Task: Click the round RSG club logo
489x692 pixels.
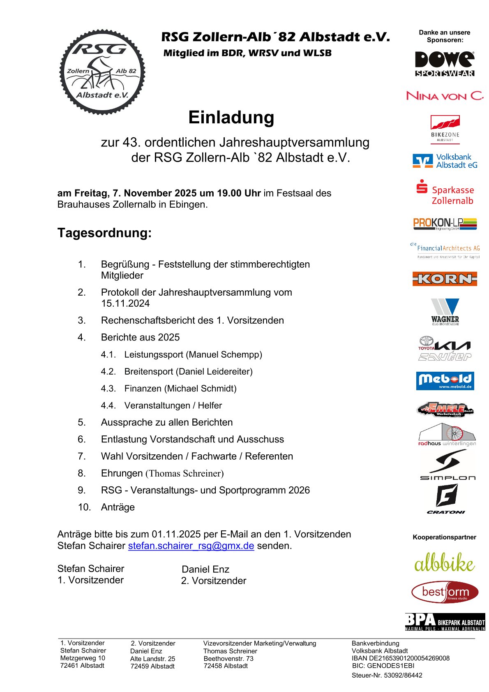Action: pyautogui.click(x=102, y=72)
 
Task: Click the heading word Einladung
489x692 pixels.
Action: pyautogui.click(x=231, y=118)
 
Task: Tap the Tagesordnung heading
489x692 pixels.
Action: pyautogui.click(x=104, y=233)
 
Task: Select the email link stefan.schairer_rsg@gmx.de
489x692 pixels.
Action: pyautogui.click(x=191, y=546)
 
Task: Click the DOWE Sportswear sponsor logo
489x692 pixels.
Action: pyautogui.click(x=445, y=64)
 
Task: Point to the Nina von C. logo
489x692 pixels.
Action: pyautogui.click(x=445, y=96)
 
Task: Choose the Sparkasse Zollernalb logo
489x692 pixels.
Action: pyautogui.click(x=445, y=193)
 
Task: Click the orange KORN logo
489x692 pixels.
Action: pyautogui.click(x=445, y=279)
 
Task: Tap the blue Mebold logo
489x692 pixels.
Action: pyautogui.click(x=445, y=381)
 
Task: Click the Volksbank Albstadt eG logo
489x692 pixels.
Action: pyautogui.click(x=445, y=161)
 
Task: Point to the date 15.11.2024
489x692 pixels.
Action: pyautogui.click(x=125, y=303)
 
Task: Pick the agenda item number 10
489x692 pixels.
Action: pyautogui.click(x=84, y=507)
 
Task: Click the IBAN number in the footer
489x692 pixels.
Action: pyautogui.click(x=401, y=658)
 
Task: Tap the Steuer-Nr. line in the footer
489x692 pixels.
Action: pyautogui.click(x=387, y=675)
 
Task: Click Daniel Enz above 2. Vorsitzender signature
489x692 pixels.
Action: pyautogui.click(x=205, y=569)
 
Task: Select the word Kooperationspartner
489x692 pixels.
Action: pyautogui.click(x=444, y=537)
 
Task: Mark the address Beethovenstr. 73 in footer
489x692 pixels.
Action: pyautogui.click(x=228, y=658)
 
